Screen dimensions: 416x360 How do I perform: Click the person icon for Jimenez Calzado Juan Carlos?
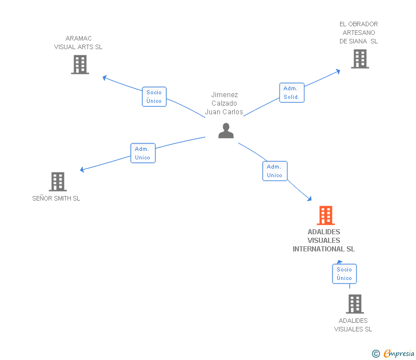click(x=226, y=130)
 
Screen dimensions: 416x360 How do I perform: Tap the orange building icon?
click(x=326, y=215)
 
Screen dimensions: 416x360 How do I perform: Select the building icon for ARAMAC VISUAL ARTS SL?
click(x=80, y=65)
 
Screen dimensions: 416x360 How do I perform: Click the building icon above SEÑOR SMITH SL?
click(x=58, y=182)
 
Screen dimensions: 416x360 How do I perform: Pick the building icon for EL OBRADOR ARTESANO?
click(x=360, y=59)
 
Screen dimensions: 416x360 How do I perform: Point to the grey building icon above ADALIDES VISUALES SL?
click(x=355, y=304)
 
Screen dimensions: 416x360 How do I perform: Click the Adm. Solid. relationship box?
click(x=291, y=93)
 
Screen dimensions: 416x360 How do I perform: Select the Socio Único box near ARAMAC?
click(x=154, y=97)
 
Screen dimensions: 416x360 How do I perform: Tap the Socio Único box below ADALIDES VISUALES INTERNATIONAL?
click(x=345, y=274)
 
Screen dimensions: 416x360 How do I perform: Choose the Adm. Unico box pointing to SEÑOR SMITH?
click(x=143, y=153)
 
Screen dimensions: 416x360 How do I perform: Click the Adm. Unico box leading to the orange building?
click(x=275, y=171)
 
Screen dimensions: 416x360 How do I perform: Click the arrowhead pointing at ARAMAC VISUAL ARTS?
click(x=105, y=78)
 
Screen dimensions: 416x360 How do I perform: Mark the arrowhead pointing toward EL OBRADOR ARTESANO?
click(x=338, y=71)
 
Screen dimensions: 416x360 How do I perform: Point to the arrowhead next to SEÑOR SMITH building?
click(x=82, y=170)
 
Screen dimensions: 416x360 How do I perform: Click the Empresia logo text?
click(x=399, y=353)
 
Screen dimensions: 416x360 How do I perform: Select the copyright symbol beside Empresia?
click(x=376, y=354)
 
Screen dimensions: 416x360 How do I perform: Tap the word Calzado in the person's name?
click(x=224, y=103)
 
